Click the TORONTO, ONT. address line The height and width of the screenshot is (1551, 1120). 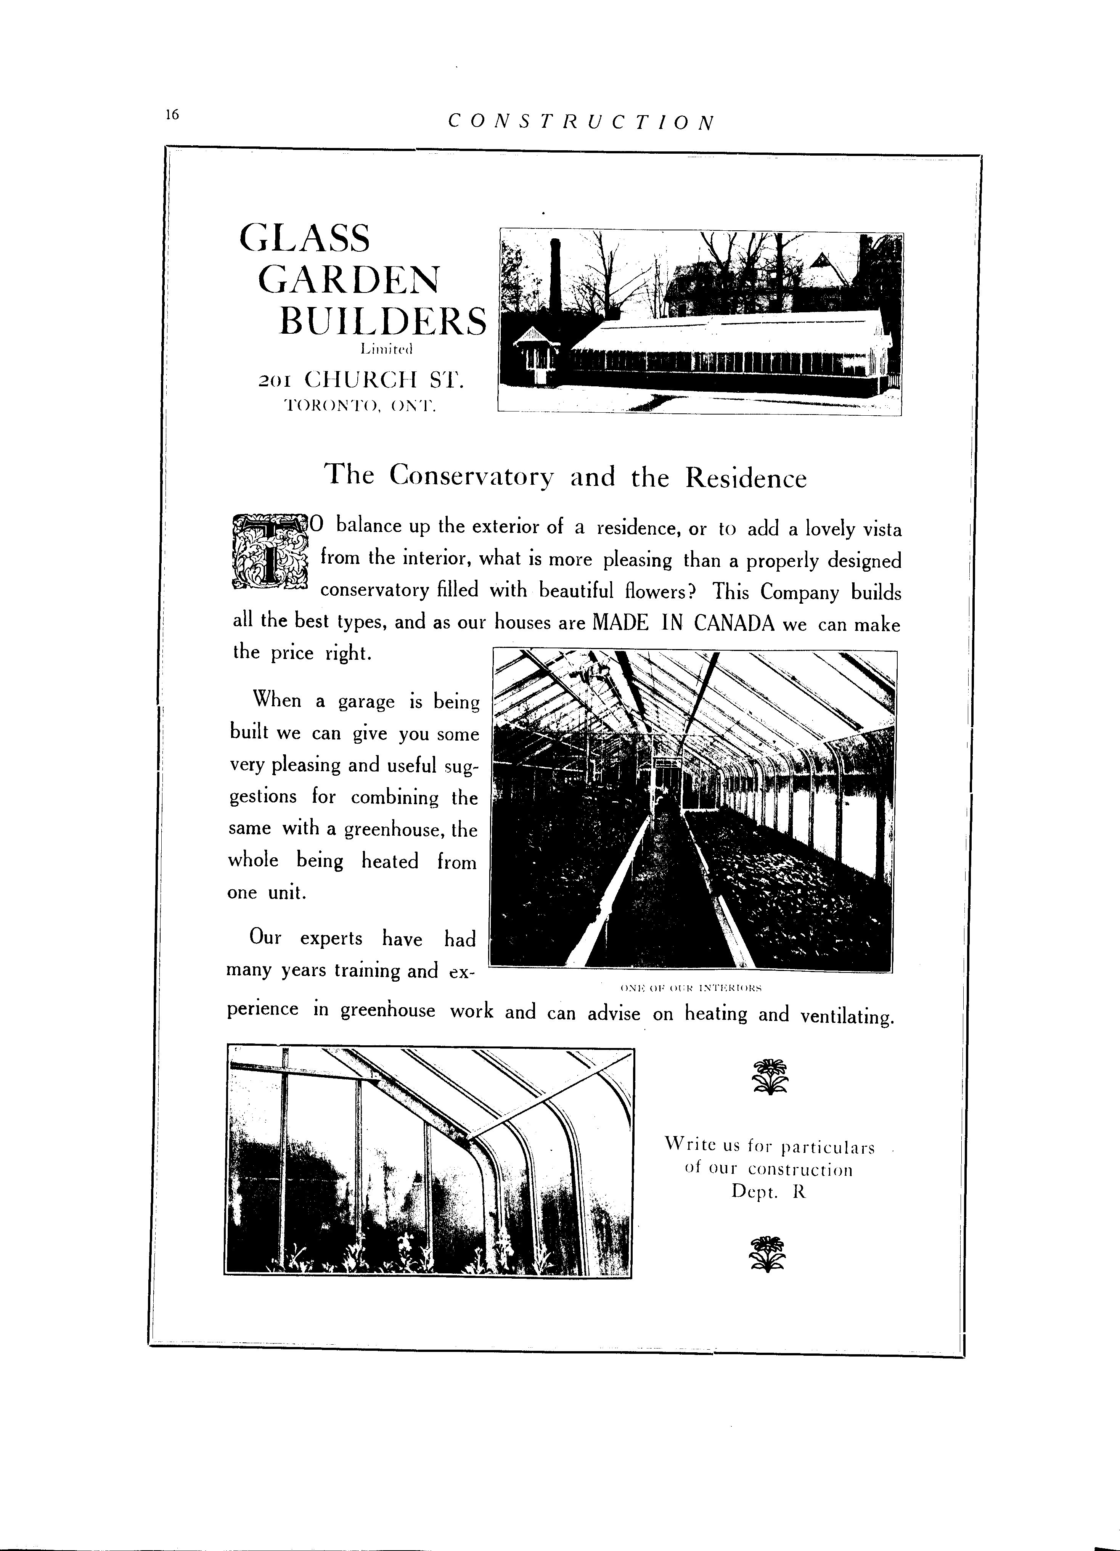tap(360, 405)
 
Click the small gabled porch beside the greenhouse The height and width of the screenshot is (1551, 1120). tap(537, 352)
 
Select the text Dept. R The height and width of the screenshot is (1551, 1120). tap(768, 1191)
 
